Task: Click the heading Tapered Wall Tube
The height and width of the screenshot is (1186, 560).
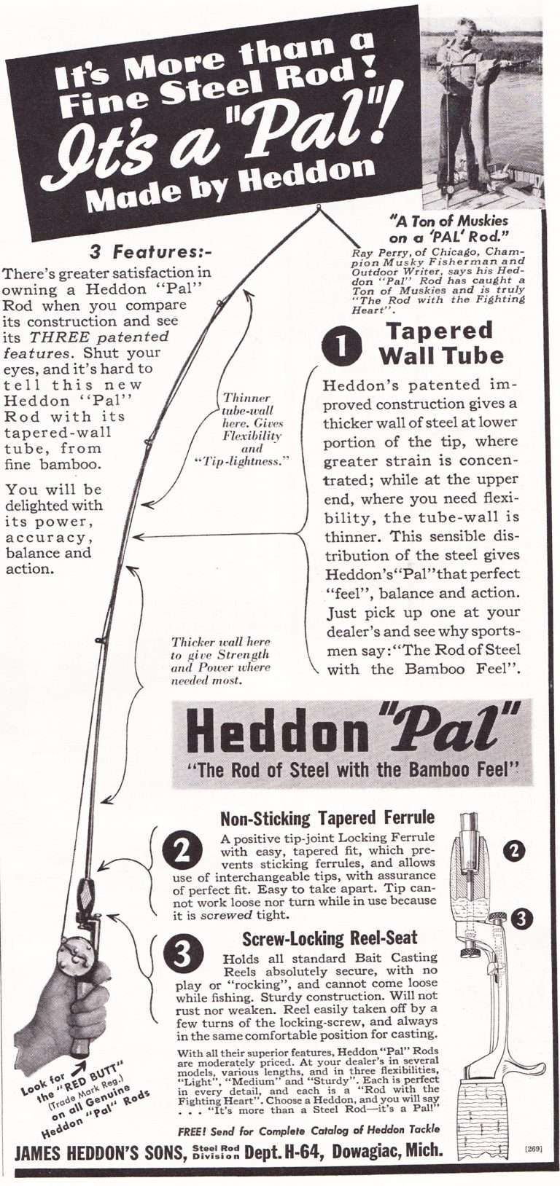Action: pos(440,343)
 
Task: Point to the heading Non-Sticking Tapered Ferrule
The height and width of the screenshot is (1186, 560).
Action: pos(327,817)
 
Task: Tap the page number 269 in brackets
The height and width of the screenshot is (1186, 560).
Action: pos(532,1148)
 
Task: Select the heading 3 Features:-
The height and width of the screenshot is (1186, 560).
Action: pos(150,253)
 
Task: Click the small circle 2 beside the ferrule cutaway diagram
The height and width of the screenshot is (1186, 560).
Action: pos(516,849)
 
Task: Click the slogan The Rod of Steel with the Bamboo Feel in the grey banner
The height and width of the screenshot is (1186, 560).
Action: pos(353,769)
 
